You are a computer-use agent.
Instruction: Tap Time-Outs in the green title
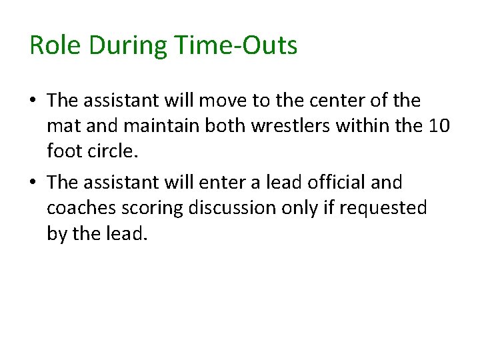[x=237, y=46]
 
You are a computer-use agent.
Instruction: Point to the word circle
[x=112, y=151]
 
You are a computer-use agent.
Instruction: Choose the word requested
[x=383, y=207]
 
